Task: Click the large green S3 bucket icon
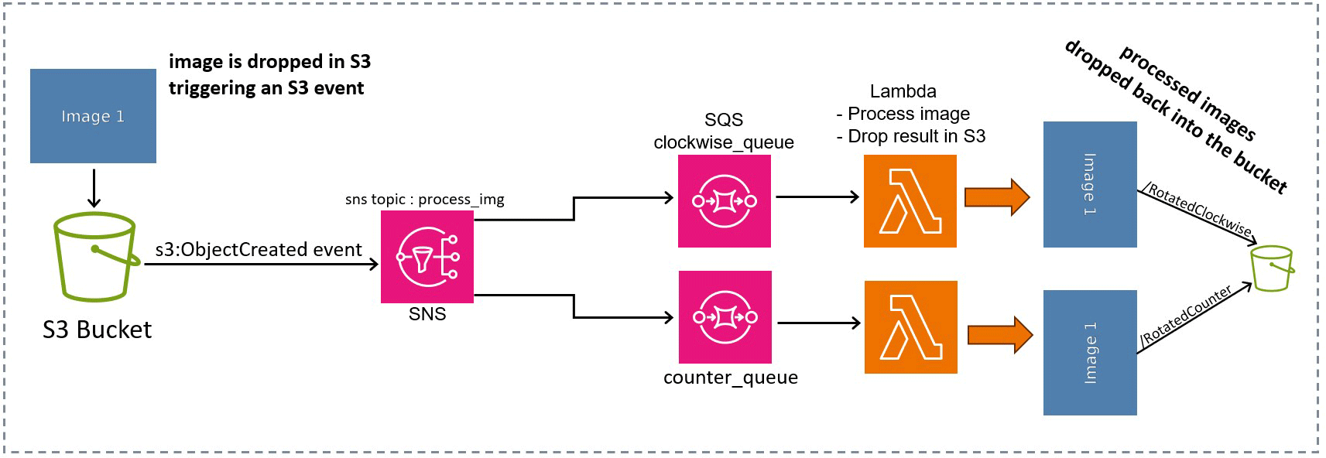pyautogui.click(x=95, y=257)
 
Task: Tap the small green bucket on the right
pyautogui.click(x=1273, y=268)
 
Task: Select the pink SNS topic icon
pyautogui.click(x=427, y=257)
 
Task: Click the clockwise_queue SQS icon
pyautogui.click(x=725, y=201)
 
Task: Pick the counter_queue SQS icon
pyautogui.click(x=725, y=317)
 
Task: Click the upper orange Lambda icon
pyautogui.click(x=910, y=201)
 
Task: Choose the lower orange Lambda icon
pyautogui.click(x=911, y=327)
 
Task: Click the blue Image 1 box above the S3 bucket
pyautogui.click(x=93, y=116)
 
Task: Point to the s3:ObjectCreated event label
pyautogui.click(x=259, y=250)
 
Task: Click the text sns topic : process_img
pyautogui.click(x=424, y=200)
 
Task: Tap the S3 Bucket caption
pyautogui.click(x=97, y=330)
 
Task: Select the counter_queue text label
pyautogui.click(x=730, y=378)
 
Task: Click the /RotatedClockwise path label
pyautogui.click(x=1198, y=210)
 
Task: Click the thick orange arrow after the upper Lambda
pyautogui.click(x=996, y=197)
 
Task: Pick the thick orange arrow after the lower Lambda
pyautogui.click(x=999, y=335)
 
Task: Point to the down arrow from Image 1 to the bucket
pyautogui.click(x=94, y=188)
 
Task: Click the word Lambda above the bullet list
pyautogui.click(x=903, y=91)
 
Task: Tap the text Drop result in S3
pyautogui.click(x=916, y=136)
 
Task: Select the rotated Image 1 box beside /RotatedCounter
pyautogui.click(x=1090, y=353)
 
